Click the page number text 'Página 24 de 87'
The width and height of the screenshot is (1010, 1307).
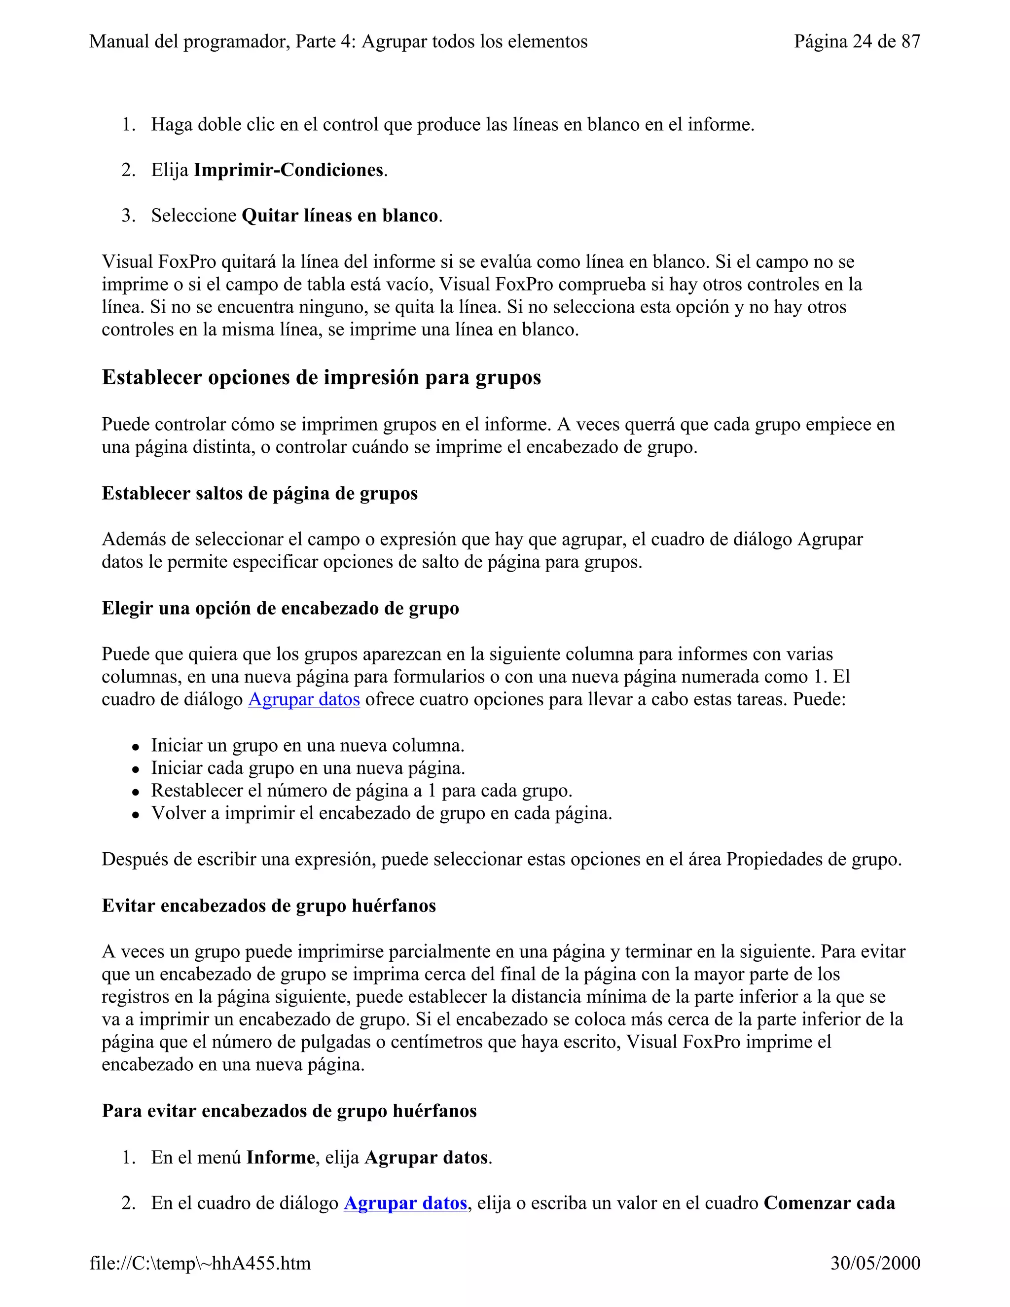(856, 41)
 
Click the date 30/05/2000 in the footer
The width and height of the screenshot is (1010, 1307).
(875, 1263)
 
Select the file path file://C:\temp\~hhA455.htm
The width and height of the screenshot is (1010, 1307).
(200, 1263)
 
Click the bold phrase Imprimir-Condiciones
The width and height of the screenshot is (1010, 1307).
(289, 170)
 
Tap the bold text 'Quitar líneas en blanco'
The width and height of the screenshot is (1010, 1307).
(340, 216)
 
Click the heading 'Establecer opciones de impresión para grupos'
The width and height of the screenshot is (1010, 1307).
(322, 378)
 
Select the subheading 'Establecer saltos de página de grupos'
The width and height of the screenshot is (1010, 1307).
(260, 493)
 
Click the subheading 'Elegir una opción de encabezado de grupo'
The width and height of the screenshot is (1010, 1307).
(280, 608)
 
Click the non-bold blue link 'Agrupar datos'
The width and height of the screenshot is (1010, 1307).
(304, 699)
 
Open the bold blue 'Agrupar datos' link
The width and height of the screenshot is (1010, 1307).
(405, 1203)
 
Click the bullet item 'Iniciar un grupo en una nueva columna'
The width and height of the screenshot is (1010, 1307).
(308, 745)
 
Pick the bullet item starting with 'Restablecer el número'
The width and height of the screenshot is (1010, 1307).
(361, 791)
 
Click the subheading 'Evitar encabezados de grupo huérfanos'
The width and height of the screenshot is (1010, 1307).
(269, 906)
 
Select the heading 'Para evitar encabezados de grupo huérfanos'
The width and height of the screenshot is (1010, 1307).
(289, 1111)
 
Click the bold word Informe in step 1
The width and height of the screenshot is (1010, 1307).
(281, 1158)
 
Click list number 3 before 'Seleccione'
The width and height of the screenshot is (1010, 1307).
(128, 216)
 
